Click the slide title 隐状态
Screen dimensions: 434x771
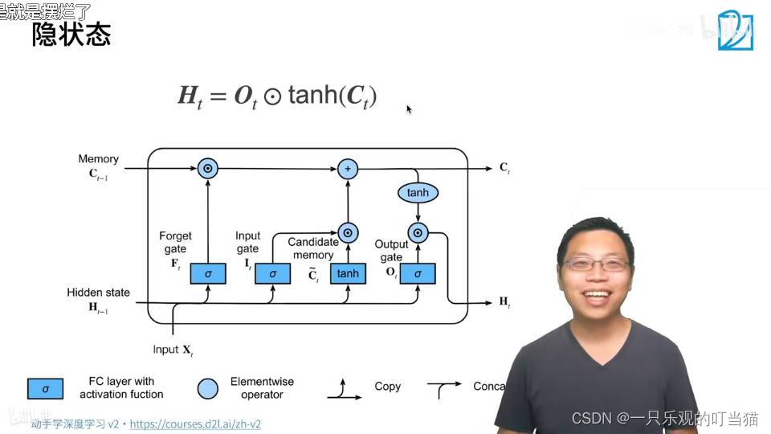pyautogui.click(x=71, y=35)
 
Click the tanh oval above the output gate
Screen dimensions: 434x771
pyautogui.click(x=418, y=193)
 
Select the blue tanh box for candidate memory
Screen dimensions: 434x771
pyautogui.click(x=348, y=273)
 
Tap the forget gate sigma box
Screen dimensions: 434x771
pyautogui.click(x=208, y=273)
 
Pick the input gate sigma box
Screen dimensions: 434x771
pyautogui.click(x=273, y=273)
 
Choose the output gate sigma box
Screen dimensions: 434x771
pyautogui.click(x=418, y=273)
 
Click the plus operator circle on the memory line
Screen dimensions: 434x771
pyautogui.click(x=347, y=169)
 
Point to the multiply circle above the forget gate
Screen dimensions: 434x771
pyautogui.click(x=208, y=169)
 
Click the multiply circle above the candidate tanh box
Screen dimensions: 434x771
pyautogui.click(x=348, y=233)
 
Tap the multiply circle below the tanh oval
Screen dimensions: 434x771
pyautogui.click(x=418, y=233)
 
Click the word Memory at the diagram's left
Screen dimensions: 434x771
pyautogui.click(x=98, y=159)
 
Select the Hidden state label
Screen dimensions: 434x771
pyautogui.click(x=98, y=293)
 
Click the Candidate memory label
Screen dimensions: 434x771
pyautogui.click(x=313, y=248)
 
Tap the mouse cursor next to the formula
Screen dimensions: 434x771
pyautogui.click(x=409, y=108)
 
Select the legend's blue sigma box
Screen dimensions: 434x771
pyautogui.click(x=46, y=389)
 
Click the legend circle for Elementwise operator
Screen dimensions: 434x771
pyautogui.click(x=207, y=389)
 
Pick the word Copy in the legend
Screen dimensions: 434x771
pyautogui.click(x=387, y=387)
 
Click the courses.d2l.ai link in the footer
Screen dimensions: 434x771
pyautogui.click(x=195, y=424)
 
